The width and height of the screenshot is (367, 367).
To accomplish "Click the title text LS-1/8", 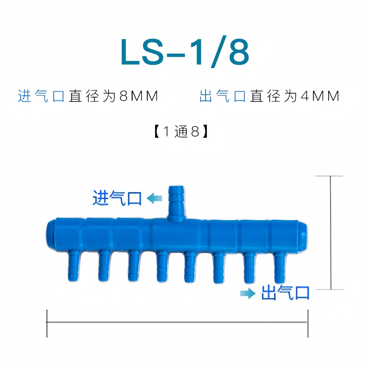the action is pyautogui.click(x=185, y=52).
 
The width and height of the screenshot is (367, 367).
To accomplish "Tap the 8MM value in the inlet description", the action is pyautogui.click(x=139, y=96).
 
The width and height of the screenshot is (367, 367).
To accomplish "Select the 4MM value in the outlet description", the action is pyautogui.click(x=320, y=96).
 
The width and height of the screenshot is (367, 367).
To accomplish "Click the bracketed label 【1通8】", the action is pyautogui.click(x=181, y=131).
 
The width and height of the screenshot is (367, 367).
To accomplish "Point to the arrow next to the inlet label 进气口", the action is pyautogui.click(x=154, y=198).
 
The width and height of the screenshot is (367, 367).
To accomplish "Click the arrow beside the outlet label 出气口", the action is pyautogui.click(x=248, y=293).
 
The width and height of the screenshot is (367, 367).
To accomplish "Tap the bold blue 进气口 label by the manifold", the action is pyautogui.click(x=117, y=198).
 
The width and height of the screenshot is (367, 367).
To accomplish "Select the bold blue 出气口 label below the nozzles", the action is pyautogui.click(x=285, y=292).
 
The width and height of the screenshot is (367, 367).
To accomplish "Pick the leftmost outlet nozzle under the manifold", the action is pyautogui.click(x=74, y=266).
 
